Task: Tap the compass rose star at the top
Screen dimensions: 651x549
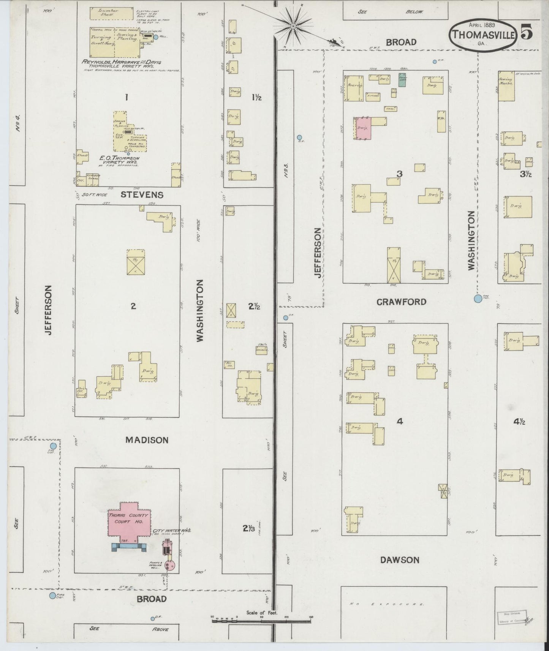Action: [293, 26]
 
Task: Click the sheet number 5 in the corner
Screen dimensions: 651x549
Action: [526, 32]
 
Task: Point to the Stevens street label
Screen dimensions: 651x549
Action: [142, 195]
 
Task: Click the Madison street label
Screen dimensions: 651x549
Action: [147, 440]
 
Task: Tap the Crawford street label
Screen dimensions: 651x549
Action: [401, 302]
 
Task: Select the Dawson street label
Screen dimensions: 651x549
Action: [400, 560]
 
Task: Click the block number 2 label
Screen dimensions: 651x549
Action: [133, 306]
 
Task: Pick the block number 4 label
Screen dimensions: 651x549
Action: [399, 421]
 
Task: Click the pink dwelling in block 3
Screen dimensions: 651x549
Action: [363, 128]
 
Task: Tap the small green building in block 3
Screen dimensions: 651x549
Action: [402, 80]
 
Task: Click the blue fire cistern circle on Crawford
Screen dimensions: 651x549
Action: [478, 299]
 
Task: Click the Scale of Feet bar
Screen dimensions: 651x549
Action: [262, 621]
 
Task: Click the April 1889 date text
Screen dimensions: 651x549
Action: [481, 25]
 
